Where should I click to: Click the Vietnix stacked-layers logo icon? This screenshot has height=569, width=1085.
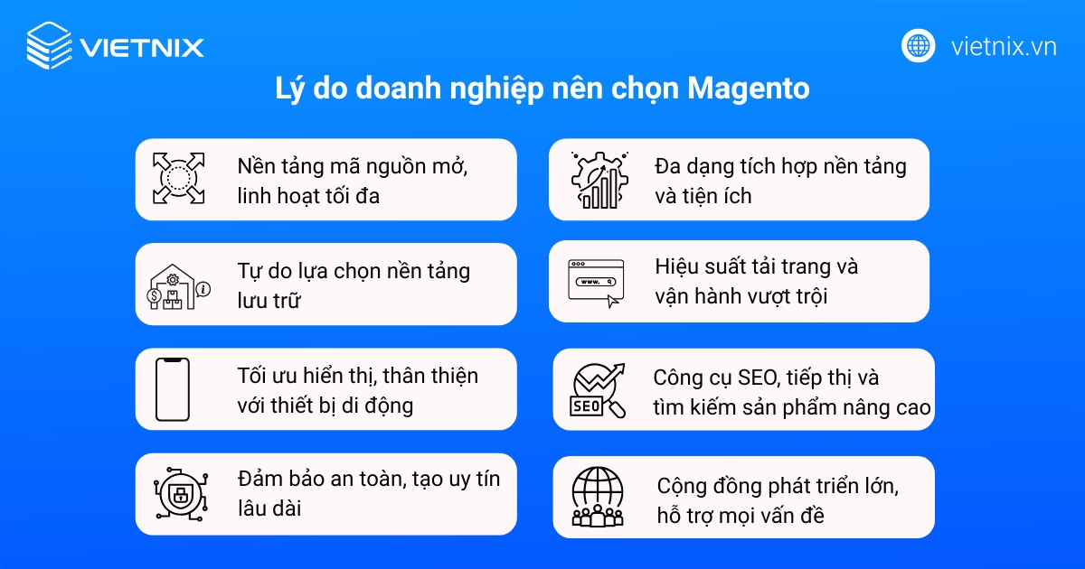(49, 45)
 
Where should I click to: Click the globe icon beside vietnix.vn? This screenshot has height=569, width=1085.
(919, 46)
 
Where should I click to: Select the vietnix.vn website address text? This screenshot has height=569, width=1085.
(1004, 47)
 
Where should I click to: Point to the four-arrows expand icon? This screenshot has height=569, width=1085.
(178, 178)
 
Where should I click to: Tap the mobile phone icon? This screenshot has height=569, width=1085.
(172, 389)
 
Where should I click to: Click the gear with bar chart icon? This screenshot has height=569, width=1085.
(599, 180)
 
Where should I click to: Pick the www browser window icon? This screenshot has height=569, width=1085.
(595, 282)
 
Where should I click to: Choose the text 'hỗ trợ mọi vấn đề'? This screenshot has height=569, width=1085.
(741, 516)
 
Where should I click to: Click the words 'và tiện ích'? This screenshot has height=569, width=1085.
(703, 195)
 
